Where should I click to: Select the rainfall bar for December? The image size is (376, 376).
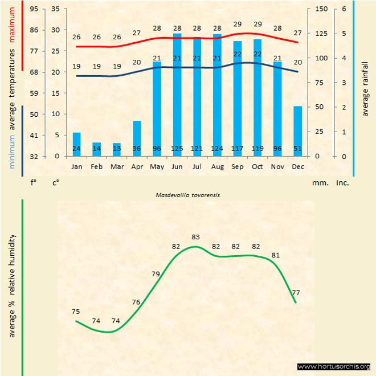click(297, 131)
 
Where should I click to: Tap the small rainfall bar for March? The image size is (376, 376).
click(117, 150)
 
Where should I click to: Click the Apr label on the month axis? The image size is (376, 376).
click(137, 167)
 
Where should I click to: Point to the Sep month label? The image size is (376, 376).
click(237, 167)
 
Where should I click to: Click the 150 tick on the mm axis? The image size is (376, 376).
click(321, 9)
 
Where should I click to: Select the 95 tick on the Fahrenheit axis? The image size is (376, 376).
click(34, 9)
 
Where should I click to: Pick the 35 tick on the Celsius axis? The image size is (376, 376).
click(55, 9)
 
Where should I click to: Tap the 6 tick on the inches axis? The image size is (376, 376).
click(344, 9)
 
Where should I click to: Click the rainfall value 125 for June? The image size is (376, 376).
click(177, 149)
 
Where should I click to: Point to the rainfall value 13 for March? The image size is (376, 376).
click(117, 149)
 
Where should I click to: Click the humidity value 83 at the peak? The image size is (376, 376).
click(195, 236)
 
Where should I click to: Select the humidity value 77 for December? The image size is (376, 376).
click(296, 292)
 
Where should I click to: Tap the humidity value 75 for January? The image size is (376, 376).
click(76, 311)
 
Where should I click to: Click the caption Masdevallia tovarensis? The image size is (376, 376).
click(187, 194)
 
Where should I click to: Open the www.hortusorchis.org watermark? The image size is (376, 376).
click(334, 366)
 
